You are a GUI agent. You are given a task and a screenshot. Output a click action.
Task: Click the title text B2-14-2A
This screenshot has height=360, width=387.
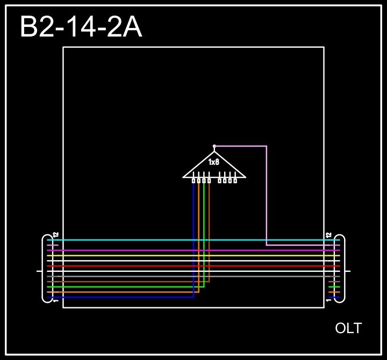pyautogui.click(x=81, y=27)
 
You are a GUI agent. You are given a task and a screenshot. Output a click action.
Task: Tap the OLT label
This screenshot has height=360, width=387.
pyautogui.click(x=348, y=328)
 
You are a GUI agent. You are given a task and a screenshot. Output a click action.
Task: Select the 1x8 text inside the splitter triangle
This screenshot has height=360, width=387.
pyautogui.click(x=214, y=162)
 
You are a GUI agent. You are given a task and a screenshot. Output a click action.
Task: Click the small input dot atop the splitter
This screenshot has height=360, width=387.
pyautogui.click(x=214, y=146)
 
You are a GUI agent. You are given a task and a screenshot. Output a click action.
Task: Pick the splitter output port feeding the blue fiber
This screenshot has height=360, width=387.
pyautogui.click(x=193, y=181)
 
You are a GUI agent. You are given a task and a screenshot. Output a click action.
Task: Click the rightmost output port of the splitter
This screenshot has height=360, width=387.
pyautogui.click(x=235, y=181)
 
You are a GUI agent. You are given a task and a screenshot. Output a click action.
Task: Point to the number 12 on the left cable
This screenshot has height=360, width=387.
pyautogui.click(x=56, y=235)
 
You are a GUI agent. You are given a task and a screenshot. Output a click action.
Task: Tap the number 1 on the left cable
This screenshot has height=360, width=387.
pyautogui.click(x=56, y=300)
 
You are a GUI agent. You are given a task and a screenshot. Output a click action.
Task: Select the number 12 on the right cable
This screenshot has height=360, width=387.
pyautogui.click(x=329, y=235)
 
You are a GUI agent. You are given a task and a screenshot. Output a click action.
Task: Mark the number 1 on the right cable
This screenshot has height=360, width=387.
pyautogui.click(x=329, y=300)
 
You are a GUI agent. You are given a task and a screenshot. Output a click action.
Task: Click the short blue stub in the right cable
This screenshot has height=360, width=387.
pyautogui.click(x=334, y=297)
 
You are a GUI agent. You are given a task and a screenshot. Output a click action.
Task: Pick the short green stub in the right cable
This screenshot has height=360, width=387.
pyautogui.click(x=334, y=287)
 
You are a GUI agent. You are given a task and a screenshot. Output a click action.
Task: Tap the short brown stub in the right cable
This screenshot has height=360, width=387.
pyautogui.click(x=334, y=282)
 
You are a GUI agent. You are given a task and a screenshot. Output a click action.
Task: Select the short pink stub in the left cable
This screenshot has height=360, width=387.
pyautogui.click(x=52, y=245)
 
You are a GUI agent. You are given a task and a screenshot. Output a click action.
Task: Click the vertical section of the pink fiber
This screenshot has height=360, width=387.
pyautogui.click(x=266, y=193)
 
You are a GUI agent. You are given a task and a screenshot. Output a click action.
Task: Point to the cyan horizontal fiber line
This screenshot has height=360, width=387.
pyautogui.click(x=161, y=240)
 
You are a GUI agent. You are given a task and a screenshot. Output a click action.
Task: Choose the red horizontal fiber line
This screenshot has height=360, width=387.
pyautogui.click(x=161, y=266)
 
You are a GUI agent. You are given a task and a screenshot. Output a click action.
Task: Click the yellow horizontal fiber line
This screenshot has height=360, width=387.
pyautogui.click(x=161, y=255)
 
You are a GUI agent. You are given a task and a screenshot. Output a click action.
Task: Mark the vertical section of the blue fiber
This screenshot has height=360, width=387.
pyautogui.click(x=193, y=242)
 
